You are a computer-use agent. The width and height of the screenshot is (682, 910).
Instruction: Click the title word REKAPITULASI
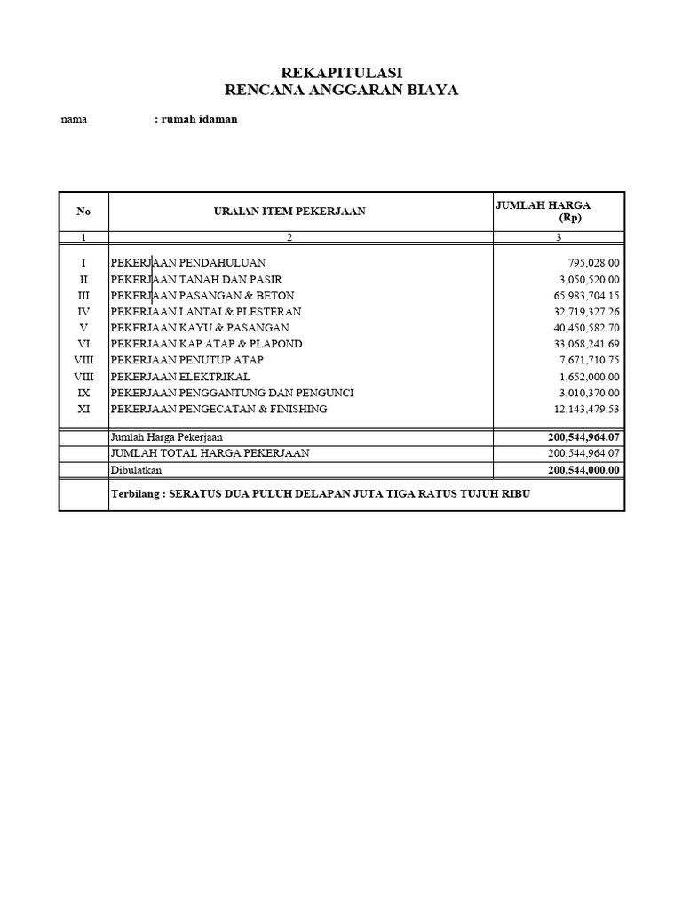tap(342, 73)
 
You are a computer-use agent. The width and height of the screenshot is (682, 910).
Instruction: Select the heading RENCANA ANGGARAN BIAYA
tap(342, 90)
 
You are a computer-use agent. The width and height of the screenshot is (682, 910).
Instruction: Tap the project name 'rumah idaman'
tap(198, 119)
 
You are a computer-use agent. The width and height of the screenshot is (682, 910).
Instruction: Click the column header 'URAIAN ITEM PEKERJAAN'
tap(289, 211)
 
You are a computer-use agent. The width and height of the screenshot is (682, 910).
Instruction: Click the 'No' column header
tap(83, 211)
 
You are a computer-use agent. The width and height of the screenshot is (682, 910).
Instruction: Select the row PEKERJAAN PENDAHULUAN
tap(187, 263)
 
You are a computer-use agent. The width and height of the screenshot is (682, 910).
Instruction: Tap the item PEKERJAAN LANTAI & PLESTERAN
tap(205, 312)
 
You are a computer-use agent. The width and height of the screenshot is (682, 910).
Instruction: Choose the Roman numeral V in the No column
tap(83, 328)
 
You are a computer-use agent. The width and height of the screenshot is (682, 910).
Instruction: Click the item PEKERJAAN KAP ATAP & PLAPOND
tap(206, 344)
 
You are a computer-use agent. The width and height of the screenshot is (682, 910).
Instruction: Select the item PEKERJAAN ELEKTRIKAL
tap(180, 377)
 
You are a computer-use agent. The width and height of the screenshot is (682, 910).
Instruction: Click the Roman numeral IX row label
tap(83, 393)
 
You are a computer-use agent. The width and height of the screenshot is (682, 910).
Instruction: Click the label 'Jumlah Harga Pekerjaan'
tap(166, 437)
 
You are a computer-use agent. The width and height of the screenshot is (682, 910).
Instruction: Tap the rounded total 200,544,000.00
tap(583, 470)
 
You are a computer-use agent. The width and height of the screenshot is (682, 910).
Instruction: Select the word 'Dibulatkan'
tap(136, 470)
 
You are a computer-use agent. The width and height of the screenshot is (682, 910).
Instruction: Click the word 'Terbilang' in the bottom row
tap(136, 493)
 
